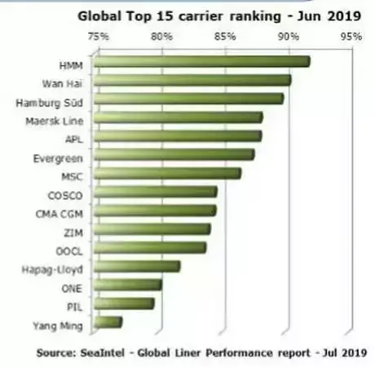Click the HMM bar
tap(202, 61)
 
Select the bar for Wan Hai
tap(192, 80)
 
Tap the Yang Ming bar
tap(108, 322)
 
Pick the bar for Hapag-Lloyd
tap(137, 266)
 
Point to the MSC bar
tap(168, 173)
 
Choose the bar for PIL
tap(125, 304)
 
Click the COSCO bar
tap(156, 192)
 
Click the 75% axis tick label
tap(98, 36)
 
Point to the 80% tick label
tap(161, 36)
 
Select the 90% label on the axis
tap(289, 36)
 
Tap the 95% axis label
tap(351, 36)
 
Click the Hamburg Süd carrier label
tap(50, 103)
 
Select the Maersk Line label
tap(55, 121)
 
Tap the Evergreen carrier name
tap(58, 158)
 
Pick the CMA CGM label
tap(60, 214)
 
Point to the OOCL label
tap(69, 251)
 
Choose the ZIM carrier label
tap(73, 233)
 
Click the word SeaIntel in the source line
tap(102, 353)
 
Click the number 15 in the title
tap(165, 16)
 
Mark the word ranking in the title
tap(255, 17)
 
